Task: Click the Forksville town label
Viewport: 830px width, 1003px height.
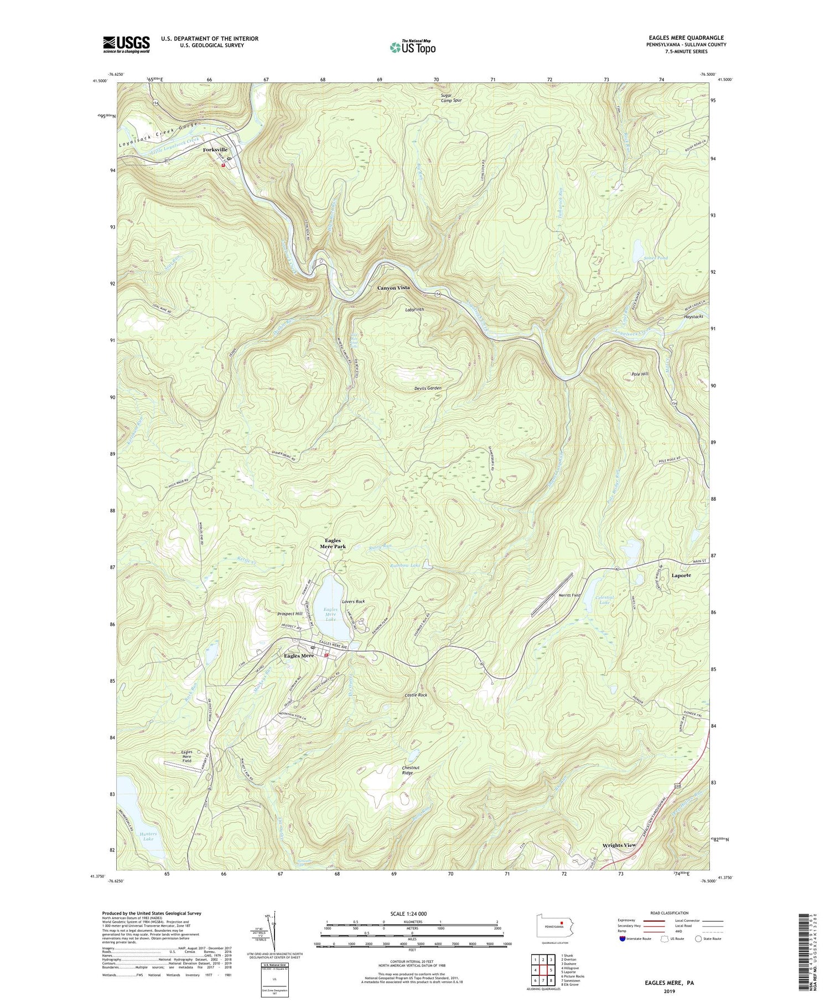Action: coord(215,150)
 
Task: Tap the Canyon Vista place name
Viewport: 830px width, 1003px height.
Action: coord(393,288)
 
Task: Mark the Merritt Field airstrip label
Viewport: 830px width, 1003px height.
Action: coord(569,595)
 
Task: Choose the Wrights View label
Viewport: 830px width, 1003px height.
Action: coord(619,845)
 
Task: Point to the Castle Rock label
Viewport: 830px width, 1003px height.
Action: coord(416,695)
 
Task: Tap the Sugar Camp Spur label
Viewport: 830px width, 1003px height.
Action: coord(451,98)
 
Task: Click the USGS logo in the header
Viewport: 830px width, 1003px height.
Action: coord(126,44)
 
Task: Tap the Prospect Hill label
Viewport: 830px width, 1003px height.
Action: coord(290,614)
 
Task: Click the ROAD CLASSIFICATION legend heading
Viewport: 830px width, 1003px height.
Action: coord(670,913)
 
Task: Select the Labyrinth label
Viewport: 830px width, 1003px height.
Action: coord(414,310)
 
